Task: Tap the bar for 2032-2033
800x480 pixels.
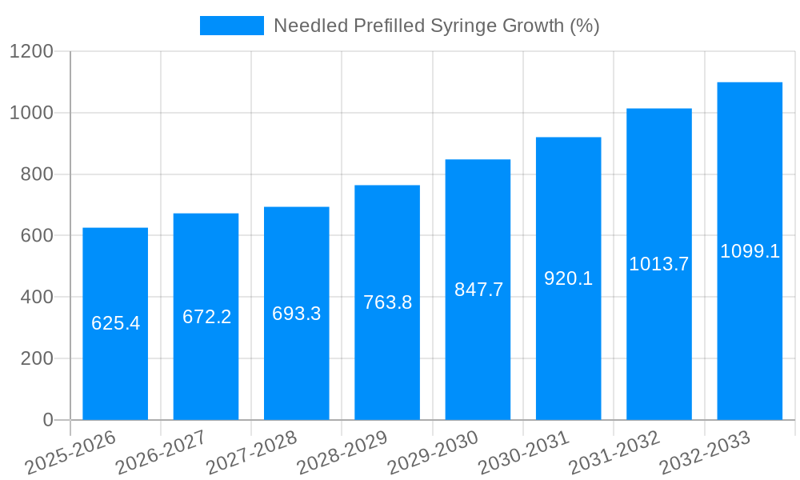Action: tap(750, 336)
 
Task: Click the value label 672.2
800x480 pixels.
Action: tap(206, 317)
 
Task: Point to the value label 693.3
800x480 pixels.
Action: tap(297, 314)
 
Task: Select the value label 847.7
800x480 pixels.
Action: tap(478, 290)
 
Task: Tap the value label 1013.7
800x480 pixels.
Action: tap(658, 264)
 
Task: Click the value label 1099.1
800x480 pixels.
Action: tap(750, 251)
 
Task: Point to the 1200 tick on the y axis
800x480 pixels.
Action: tap(31, 52)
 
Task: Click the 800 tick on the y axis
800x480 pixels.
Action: tap(37, 174)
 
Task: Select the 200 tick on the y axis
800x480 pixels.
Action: tap(37, 358)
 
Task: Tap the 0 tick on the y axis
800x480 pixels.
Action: tap(47, 420)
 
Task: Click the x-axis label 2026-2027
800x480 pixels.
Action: tap(161, 452)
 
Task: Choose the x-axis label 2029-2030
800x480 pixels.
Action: tap(433, 452)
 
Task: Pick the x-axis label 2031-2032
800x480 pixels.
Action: tap(614, 452)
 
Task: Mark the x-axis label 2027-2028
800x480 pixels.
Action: tap(251, 452)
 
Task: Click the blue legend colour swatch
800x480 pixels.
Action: tap(231, 26)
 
